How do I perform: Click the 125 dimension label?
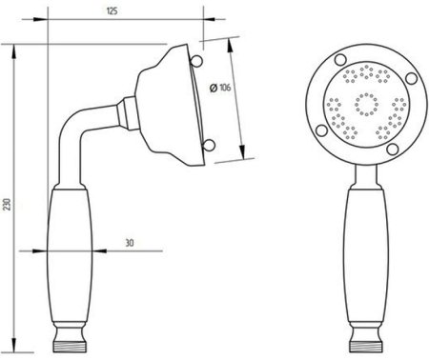click(112, 10)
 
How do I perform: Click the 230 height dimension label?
click(8, 204)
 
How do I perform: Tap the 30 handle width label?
click(130, 243)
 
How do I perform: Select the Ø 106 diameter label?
click(220, 88)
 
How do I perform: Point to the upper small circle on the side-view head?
click(197, 61)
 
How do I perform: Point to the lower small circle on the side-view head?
click(209, 145)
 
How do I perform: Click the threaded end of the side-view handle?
click(70, 346)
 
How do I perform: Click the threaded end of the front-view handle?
click(366, 346)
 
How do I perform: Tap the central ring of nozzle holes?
click(366, 104)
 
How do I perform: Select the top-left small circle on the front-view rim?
click(340, 59)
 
